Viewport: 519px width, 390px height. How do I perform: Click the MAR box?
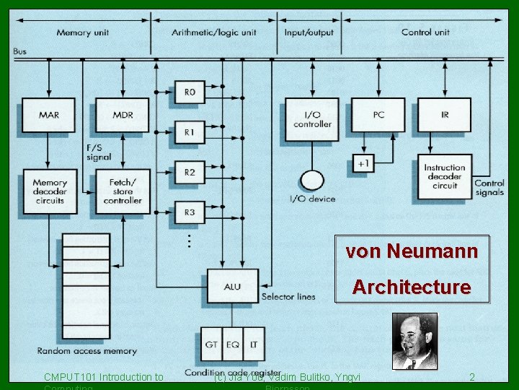[x=49, y=116]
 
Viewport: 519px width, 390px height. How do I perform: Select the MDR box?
[x=123, y=116]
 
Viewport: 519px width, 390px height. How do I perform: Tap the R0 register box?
[x=190, y=92]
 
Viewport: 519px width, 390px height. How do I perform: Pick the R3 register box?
[x=190, y=212]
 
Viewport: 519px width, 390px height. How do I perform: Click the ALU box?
[x=232, y=286]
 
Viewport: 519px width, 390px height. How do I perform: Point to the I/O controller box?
[x=311, y=116]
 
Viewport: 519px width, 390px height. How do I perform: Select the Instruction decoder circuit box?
[x=445, y=177]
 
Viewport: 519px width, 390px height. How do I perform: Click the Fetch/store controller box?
[x=123, y=191]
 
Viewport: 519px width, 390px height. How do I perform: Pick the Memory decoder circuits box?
[x=49, y=191]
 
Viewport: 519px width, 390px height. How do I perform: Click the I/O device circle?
[x=311, y=181]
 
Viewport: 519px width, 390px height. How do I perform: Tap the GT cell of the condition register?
[x=211, y=344]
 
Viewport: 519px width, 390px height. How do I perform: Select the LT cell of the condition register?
[x=253, y=344]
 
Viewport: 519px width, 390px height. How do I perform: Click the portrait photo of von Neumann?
[x=414, y=341]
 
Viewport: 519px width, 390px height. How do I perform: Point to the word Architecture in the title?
[x=411, y=287]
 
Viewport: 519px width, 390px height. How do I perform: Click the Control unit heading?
[x=425, y=32]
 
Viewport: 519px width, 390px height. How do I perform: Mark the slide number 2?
[x=472, y=377]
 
